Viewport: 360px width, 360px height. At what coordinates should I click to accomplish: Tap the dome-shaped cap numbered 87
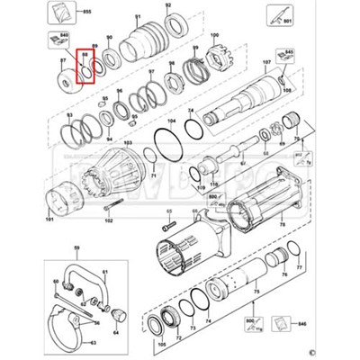pos(65,76)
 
